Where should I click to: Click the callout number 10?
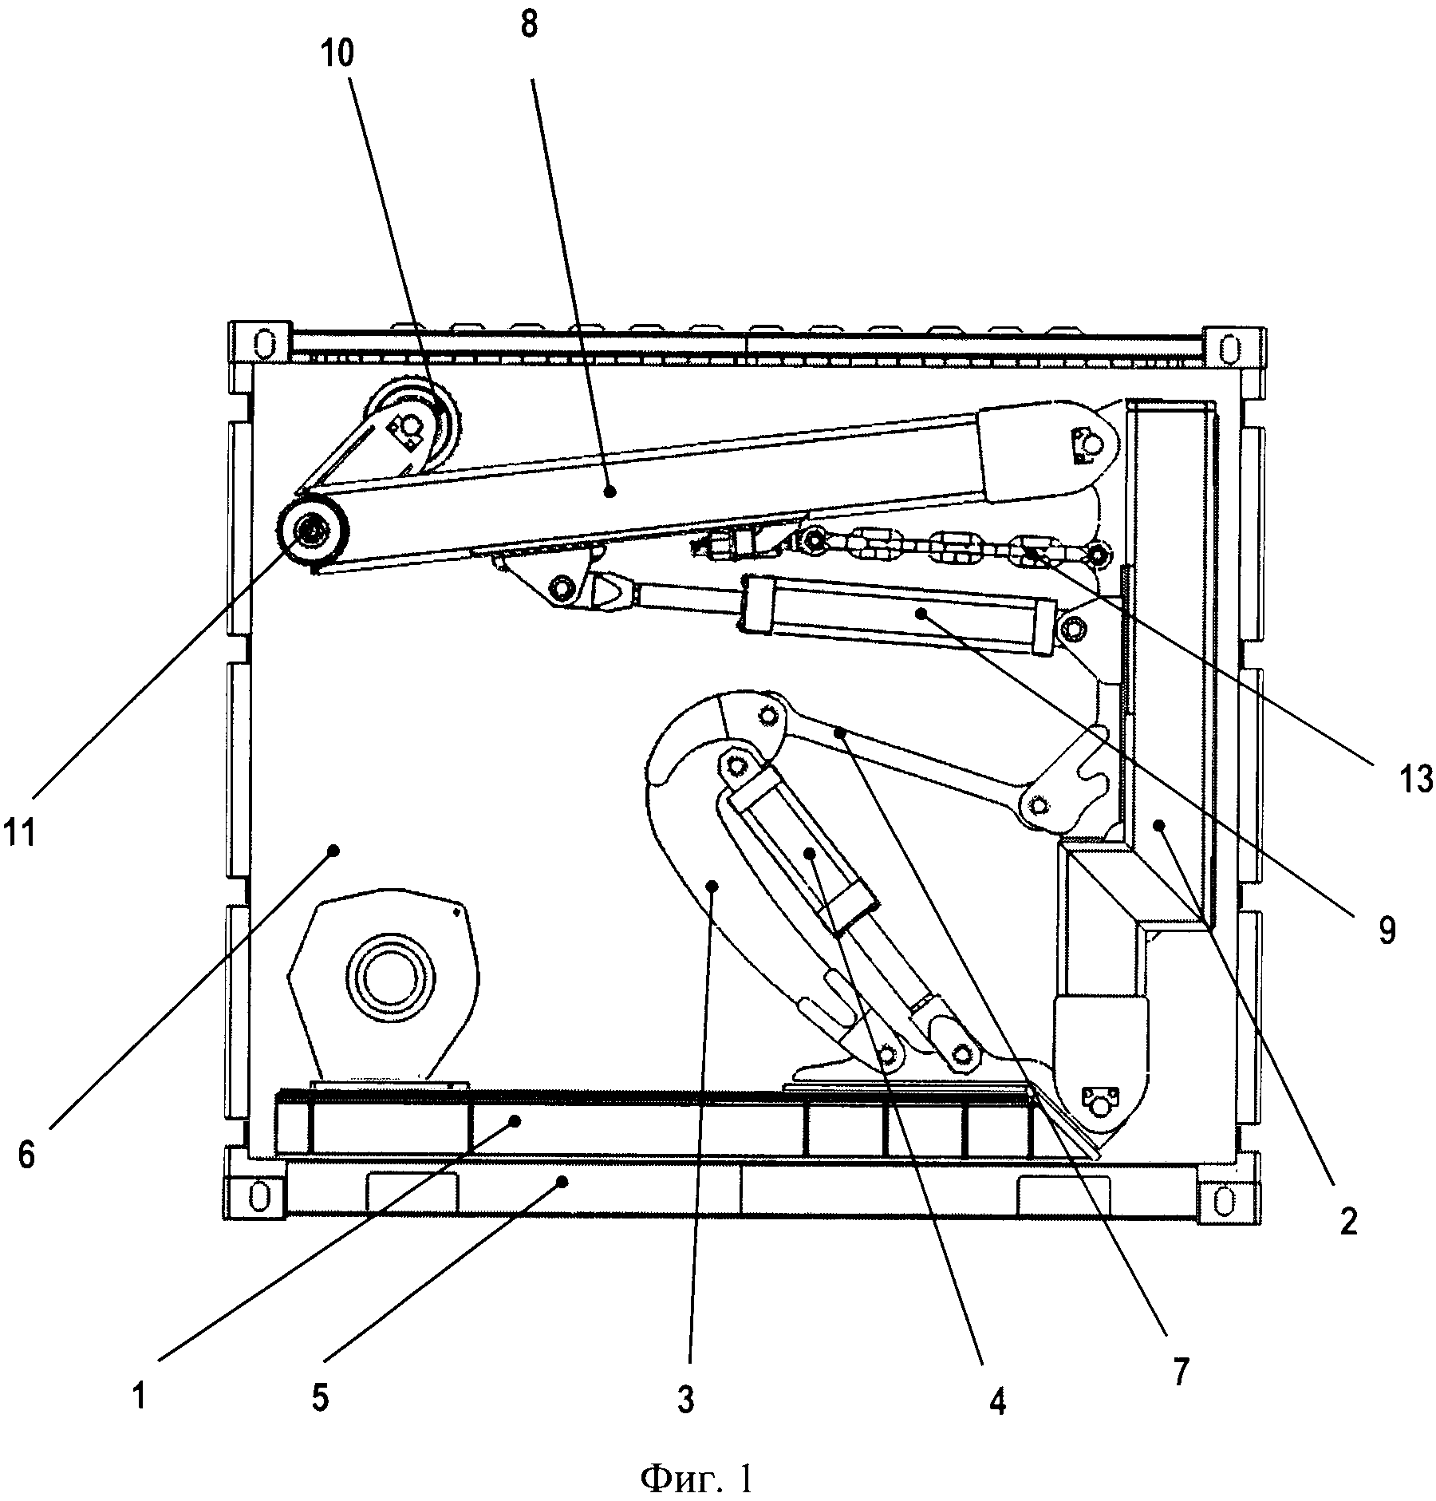tap(337, 54)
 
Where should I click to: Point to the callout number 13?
tap(1417, 779)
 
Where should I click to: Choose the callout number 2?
tap(1348, 1223)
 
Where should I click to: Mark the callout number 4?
tap(998, 1400)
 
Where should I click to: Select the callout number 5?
tap(320, 1399)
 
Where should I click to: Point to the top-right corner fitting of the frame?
tap(1233, 347)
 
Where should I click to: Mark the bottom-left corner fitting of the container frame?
tap(256, 1195)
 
